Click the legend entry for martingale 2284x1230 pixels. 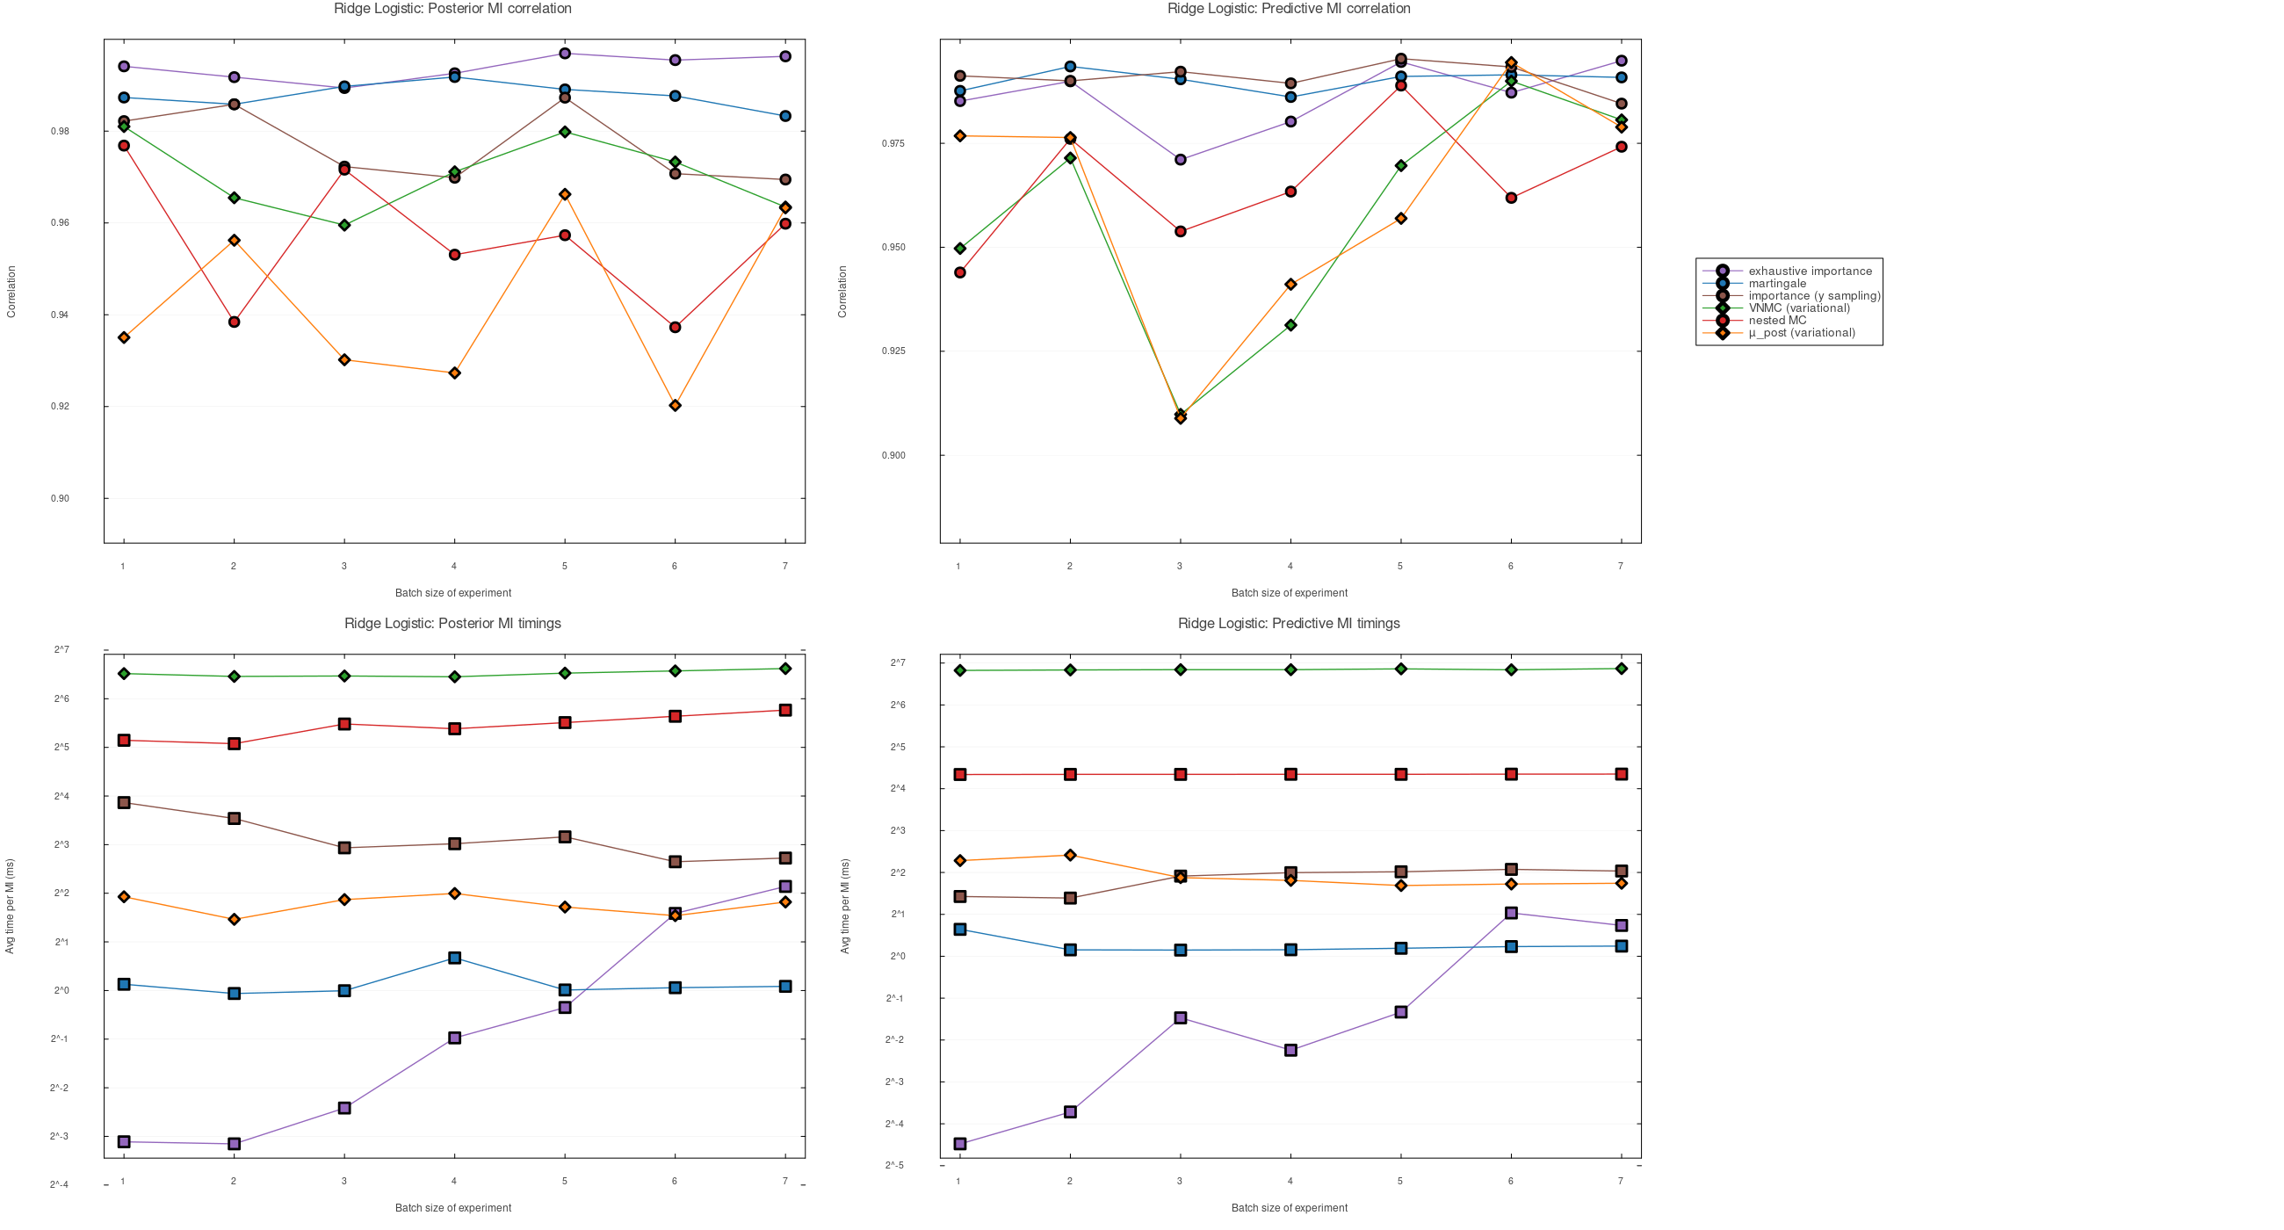pos(1777,284)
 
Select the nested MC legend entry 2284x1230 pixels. pos(1777,321)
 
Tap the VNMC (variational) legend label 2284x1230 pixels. pos(1799,308)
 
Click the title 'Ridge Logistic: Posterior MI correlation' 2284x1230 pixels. pos(452,9)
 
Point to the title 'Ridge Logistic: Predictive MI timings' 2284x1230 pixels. pos(1289,624)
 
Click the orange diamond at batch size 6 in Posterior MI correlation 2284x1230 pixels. pos(675,406)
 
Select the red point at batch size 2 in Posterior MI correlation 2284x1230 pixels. pos(234,322)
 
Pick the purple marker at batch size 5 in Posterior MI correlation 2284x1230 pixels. pos(565,54)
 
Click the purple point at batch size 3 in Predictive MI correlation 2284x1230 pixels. pos(1180,160)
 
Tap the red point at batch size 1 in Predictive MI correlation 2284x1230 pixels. pos(960,273)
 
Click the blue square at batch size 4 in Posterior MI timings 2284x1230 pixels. pos(455,959)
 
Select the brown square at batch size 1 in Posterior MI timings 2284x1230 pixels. pos(124,803)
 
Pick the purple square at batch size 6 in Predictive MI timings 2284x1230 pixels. pos(1511,914)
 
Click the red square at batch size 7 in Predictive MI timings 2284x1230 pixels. pos(1621,774)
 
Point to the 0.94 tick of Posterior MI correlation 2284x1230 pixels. pos(61,315)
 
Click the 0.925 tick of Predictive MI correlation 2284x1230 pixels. pos(893,351)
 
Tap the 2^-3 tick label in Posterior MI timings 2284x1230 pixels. pos(60,1137)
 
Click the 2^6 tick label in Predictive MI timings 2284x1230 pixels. pos(897,705)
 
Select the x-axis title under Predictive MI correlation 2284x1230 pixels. pos(1289,593)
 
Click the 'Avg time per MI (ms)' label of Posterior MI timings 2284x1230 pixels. pos(11,907)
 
